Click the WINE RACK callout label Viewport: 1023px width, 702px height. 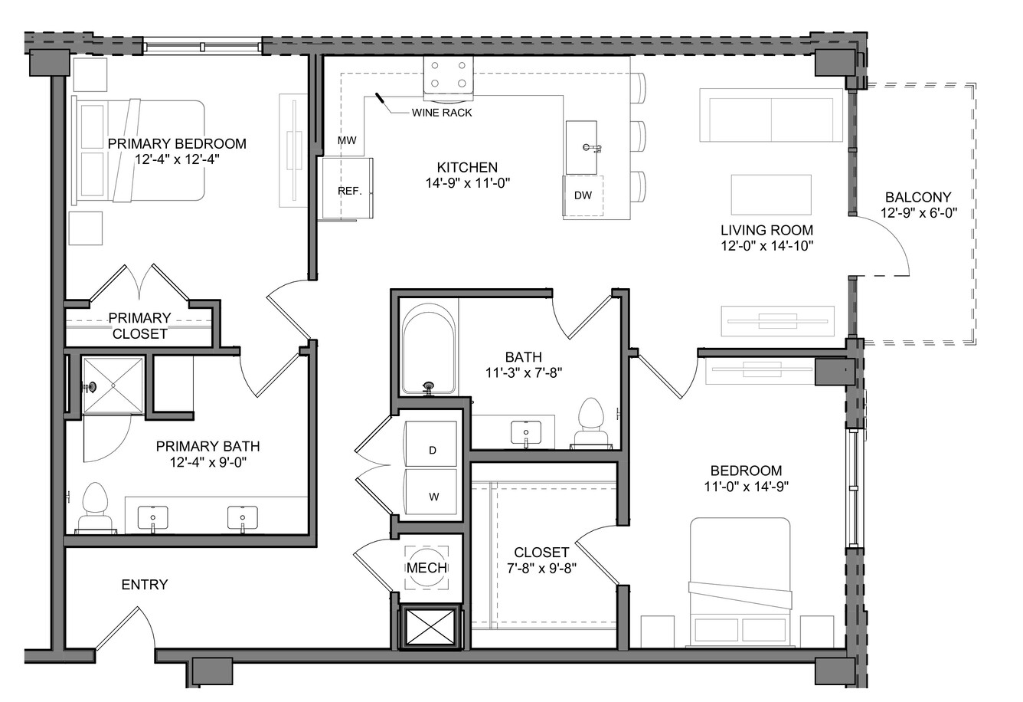point(442,113)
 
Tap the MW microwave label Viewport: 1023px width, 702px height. point(347,140)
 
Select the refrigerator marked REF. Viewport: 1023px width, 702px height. point(348,189)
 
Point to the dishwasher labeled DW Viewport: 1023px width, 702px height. point(583,195)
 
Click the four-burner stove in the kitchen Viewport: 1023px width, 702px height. point(448,77)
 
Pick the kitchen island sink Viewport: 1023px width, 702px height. point(581,147)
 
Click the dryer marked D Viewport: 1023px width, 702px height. point(431,444)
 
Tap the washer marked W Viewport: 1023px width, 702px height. point(431,492)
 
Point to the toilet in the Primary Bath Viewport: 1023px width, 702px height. point(95,508)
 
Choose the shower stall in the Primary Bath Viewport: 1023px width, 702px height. point(113,386)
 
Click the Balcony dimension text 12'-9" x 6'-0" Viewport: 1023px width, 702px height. point(918,213)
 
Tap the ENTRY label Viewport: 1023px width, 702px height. point(144,584)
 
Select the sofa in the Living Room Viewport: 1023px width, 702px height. point(771,115)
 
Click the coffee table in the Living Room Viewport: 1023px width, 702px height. point(771,194)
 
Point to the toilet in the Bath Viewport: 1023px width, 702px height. point(591,423)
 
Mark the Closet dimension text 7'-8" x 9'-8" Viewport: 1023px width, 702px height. point(541,568)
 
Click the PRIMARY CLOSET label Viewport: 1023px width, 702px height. point(139,326)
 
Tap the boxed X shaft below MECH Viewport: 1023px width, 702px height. point(430,628)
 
